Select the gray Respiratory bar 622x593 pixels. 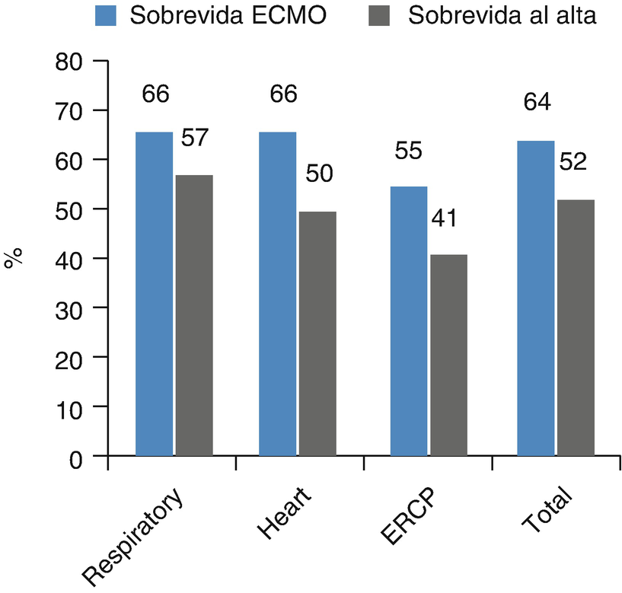point(193,315)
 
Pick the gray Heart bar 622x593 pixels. point(317,334)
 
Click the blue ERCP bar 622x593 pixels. point(409,320)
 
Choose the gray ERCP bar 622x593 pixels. point(448,355)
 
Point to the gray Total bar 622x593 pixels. point(575,328)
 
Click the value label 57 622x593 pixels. point(194,139)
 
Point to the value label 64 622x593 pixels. point(536,102)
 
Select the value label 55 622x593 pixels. point(410,151)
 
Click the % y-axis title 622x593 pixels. point(14,258)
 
